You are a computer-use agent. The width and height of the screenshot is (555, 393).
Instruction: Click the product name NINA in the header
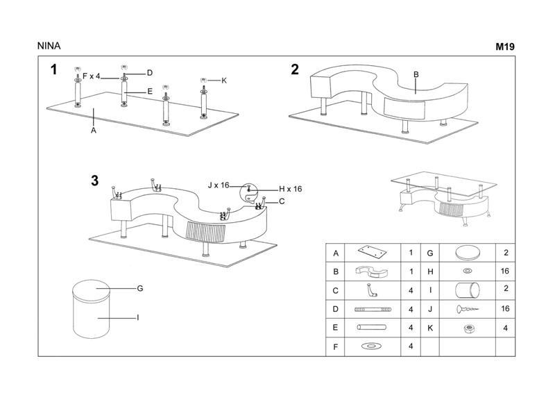click(x=49, y=47)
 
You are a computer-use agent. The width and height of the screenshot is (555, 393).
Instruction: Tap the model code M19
click(x=504, y=47)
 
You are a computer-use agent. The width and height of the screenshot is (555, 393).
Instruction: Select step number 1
click(x=53, y=69)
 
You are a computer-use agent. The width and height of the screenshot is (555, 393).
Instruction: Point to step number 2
click(x=295, y=69)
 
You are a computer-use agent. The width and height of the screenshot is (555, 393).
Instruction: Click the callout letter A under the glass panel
click(x=93, y=130)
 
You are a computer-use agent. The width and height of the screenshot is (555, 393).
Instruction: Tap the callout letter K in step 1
click(x=224, y=81)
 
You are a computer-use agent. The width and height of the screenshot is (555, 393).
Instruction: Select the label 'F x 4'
click(x=92, y=76)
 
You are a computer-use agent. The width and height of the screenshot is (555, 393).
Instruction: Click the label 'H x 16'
click(x=290, y=189)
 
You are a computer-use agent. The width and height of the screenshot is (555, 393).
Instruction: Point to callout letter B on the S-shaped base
click(x=416, y=74)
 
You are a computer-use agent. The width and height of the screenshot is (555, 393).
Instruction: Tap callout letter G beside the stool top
click(x=139, y=287)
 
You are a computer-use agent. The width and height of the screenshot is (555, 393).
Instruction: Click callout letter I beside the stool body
click(x=137, y=317)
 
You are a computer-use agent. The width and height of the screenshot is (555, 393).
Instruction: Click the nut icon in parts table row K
click(x=468, y=327)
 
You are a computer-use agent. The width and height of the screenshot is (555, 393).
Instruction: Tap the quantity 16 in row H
click(x=504, y=271)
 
